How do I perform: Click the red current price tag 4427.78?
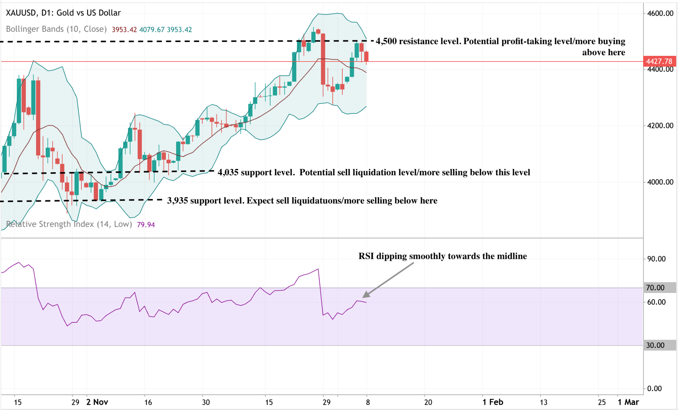click(659, 61)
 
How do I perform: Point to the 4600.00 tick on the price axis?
click(660, 14)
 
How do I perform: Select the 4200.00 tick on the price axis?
click(660, 126)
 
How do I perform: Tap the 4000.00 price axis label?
click(660, 182)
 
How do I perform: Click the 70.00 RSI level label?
click(655, 288)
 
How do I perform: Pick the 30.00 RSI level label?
click(655, 346)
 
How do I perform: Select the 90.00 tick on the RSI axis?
click(656, 259)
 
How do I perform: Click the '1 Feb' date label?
click(493, 402)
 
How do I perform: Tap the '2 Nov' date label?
click(97, 402)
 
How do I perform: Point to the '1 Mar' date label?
click(628, 402)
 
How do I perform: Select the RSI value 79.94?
click(146, 225)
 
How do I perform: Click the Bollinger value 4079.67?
click(152, 30)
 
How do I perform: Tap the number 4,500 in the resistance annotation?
click(386, 41)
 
